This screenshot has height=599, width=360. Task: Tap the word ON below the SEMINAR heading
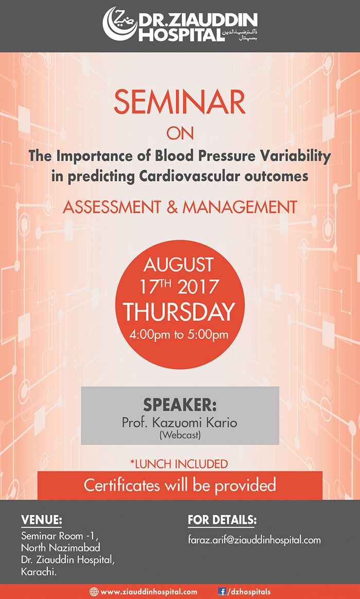click(180, 133)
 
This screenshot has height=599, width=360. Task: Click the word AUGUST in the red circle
click(179, 265)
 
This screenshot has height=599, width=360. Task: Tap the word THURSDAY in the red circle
click(179, 312)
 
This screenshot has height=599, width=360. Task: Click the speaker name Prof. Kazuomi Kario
click(179, 423)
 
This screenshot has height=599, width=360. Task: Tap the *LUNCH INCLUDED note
click(179, 464)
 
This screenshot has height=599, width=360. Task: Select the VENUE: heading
click(41, 520)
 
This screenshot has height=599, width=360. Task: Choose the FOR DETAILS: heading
click(222, 520)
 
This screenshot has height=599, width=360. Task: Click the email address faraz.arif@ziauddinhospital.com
click(254, 540)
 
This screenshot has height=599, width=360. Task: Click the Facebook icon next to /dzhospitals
click(222, 592)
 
